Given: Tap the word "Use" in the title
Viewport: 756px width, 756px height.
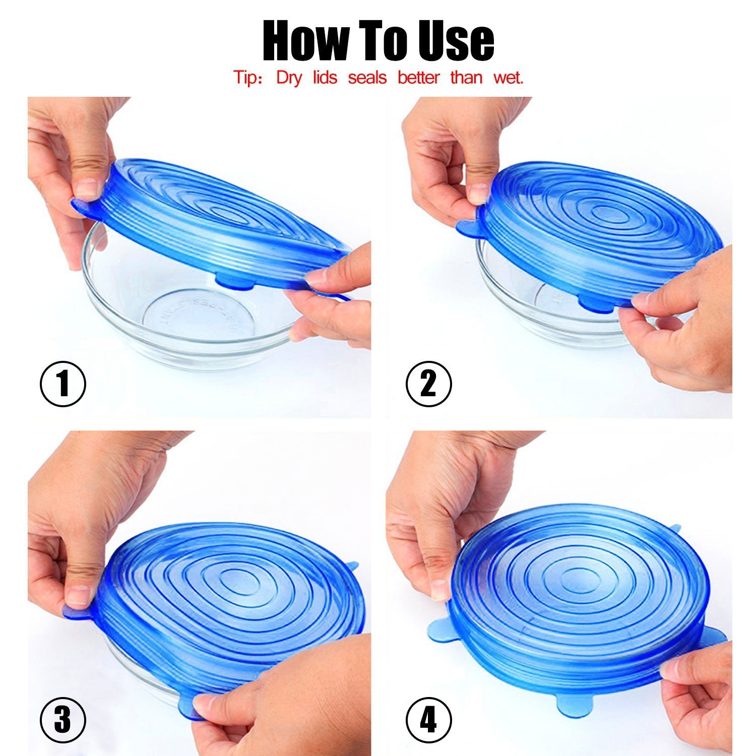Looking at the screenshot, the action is (456, 40).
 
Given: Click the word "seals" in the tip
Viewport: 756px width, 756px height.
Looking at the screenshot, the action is (367, 78).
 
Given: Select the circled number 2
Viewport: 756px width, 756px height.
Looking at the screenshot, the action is (429, 384).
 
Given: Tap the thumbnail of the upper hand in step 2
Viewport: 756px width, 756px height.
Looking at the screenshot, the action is (477, 194).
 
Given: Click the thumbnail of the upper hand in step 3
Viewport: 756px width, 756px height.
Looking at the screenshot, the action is (79, 595).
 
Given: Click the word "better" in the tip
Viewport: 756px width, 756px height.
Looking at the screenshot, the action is (418, 78).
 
